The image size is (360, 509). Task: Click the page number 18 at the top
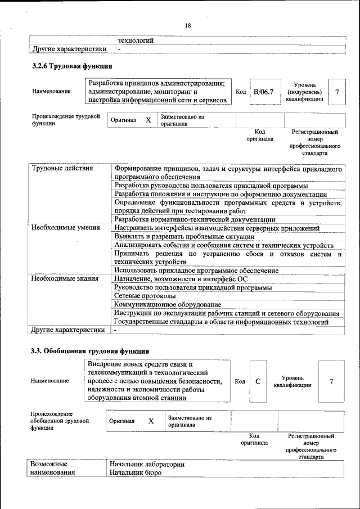pos(188,26)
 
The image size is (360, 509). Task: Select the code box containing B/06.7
pos(263,92)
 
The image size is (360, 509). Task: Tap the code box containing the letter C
pos(258,382)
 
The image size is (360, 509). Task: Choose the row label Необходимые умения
pos(66,228)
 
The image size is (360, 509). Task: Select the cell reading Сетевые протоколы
pos(145,296)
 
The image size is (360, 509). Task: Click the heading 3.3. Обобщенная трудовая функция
pos(89,351)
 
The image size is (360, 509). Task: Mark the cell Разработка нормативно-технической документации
pos(195,219)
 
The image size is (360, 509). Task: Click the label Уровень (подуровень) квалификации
pos(304,92)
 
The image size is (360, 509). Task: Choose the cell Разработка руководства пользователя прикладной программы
pos(210,186)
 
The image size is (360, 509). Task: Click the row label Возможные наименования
pos(53,469)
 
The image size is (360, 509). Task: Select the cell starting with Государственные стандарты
pos(221,322)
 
